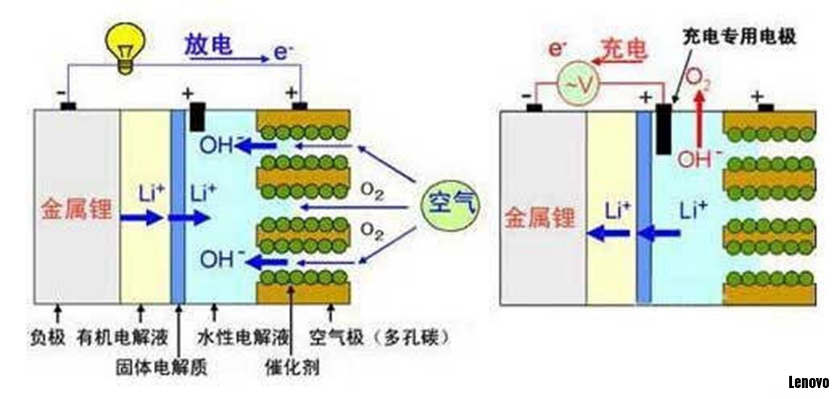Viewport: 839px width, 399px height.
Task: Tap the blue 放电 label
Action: click(x=209, y=45)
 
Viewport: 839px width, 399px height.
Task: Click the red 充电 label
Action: click(x=624, y=50)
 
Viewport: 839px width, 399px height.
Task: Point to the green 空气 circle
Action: click(x=450, y=204)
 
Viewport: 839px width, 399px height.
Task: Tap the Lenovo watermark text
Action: click(x=808, y=382)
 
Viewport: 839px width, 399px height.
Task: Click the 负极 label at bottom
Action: click(x=47, y=338)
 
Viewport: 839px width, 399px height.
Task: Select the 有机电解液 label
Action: click(x=122, y=338)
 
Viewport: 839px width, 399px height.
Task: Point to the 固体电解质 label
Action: click(x=162, y=368)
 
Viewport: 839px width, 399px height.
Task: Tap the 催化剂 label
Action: click(x=292, y=368)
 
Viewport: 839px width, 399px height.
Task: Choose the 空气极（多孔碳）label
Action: click(x=379, y=338)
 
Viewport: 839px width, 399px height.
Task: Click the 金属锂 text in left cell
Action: click(x=76, y=209)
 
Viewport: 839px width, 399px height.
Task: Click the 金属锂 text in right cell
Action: click(x=539, y=218)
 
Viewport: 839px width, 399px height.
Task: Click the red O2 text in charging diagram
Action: click(x=699, y=80)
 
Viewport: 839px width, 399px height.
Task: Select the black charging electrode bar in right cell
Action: click(x=663, y=129)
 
